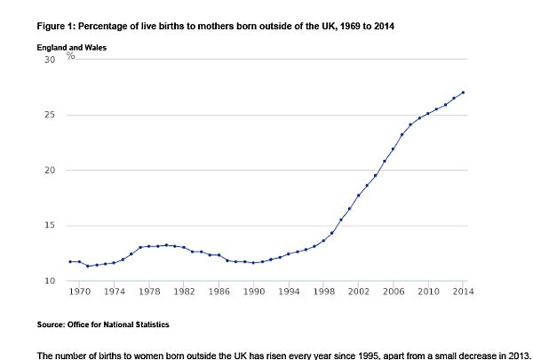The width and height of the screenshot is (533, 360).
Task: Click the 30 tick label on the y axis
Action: tap(49, 60)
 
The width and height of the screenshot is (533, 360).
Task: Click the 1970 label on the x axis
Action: tap(79, 292)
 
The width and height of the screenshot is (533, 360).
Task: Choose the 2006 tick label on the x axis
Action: tap(393, 292)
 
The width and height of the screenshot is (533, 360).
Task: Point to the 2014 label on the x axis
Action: tap(461, 292)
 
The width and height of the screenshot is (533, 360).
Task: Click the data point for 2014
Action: tap(462, 92)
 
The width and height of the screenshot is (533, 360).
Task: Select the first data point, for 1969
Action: tap(70, 261)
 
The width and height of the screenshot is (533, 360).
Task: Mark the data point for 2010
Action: tap(427, 114)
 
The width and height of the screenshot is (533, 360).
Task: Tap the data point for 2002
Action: tap(358, 195)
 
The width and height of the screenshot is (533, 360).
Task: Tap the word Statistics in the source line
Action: tap(147, 324)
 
